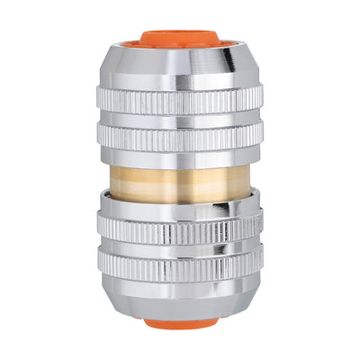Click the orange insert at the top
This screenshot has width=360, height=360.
[179, 38]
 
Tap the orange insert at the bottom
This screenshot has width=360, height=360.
[179, 321]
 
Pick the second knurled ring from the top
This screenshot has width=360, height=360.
[179, 136]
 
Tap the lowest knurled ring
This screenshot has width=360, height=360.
[179, 263]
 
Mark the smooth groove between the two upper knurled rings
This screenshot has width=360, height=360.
[179, 120]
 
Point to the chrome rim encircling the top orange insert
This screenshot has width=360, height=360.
[179, 46]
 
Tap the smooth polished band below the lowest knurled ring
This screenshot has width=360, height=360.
[179, 284]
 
